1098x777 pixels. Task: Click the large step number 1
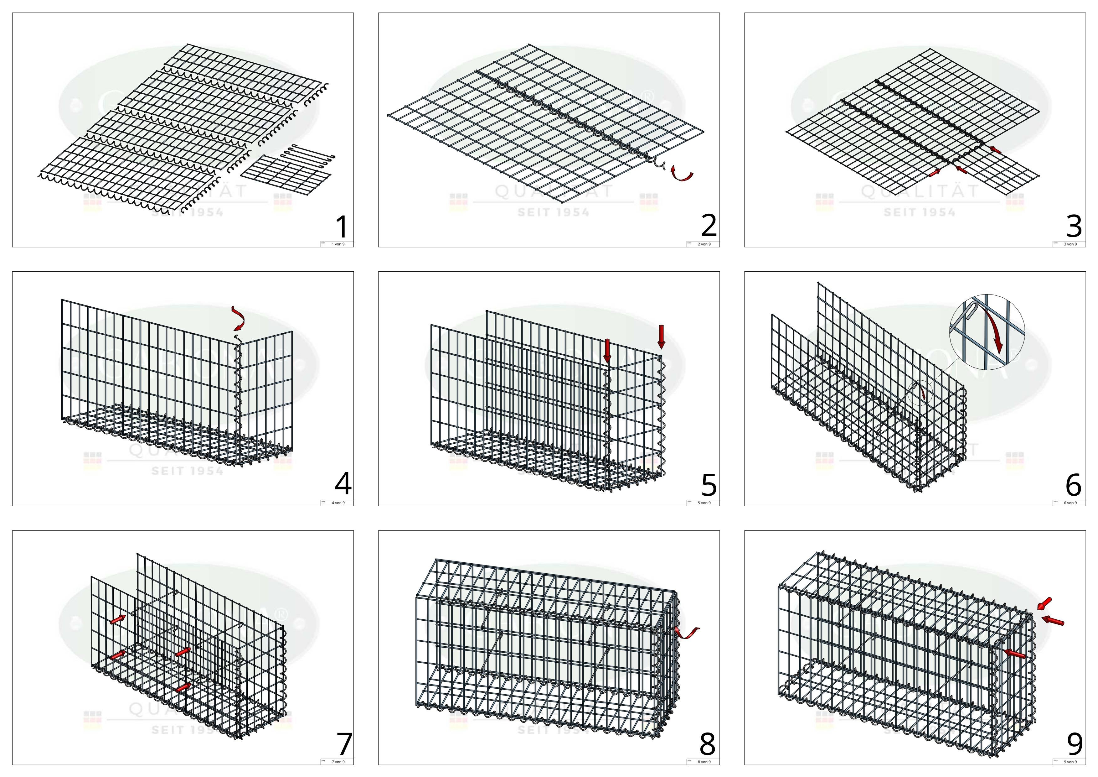[342, 227]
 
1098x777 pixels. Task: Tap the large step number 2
[708, 226]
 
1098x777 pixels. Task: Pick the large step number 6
[1074, 485]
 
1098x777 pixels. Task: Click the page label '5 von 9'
[704, 503]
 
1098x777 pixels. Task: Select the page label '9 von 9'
[1070, 762]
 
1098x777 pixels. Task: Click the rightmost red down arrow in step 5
[661, 336]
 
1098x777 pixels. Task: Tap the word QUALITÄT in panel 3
[920, 192]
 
